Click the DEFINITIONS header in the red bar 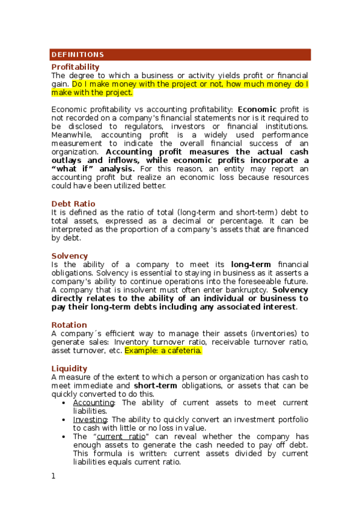click(78, 55)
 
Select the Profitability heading click(76, 66)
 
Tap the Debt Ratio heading click(73, 204)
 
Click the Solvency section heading click(69, 256)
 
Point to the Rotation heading click(69, 325)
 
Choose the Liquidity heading click(69, 368)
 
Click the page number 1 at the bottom click(53, 476)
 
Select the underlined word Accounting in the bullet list click(93, 403)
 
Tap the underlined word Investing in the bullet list click(90, 420)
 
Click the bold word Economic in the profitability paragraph click(257, 109)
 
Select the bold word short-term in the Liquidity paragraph click(154, 386)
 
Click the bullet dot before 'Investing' click(64, 420)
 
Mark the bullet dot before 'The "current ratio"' click(64, 437)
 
